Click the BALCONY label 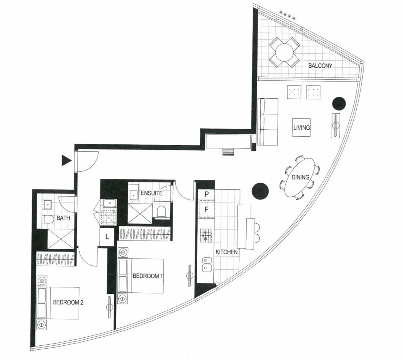320,65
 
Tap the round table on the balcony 284,53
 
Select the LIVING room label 301,128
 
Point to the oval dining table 300,177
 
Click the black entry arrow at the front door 66,161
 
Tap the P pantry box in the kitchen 206,195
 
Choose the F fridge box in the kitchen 206,209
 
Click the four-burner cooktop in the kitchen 206,235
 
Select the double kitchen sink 206,265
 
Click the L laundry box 107,237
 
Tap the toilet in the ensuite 161,212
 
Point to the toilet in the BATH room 48,219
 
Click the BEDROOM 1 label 148,276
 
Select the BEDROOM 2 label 68,302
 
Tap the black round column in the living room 339,104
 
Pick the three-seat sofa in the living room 268,122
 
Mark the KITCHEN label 227,252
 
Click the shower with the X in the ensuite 140,214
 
